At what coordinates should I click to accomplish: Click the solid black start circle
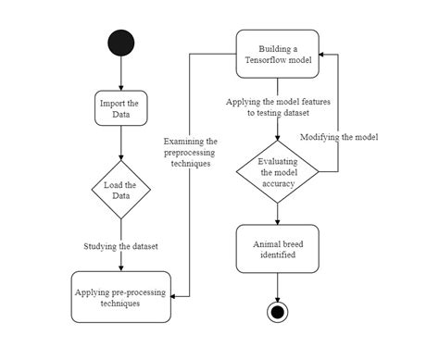121,43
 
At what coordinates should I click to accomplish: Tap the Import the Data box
121,108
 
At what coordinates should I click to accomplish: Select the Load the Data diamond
121,190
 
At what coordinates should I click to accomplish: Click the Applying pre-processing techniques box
121,296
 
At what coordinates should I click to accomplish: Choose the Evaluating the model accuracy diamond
277,171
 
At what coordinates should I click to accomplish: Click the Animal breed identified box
277,248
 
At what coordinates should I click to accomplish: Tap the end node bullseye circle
277,312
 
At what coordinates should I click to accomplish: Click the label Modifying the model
338,136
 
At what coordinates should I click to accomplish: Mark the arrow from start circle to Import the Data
121,74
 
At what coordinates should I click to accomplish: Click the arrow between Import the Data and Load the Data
121,143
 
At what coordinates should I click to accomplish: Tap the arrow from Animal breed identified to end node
277,286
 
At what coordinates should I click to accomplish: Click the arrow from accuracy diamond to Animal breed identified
277,213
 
